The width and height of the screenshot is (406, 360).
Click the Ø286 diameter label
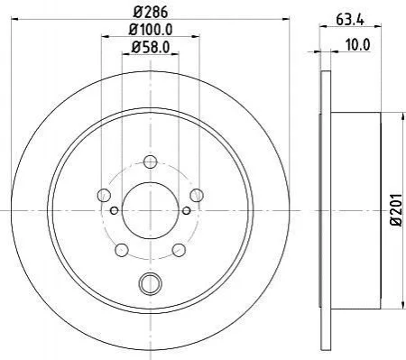[150, 12]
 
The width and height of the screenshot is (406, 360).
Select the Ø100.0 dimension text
[151, 30]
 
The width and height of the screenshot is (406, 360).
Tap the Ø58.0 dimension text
[151, 47]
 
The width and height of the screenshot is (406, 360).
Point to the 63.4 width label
[350, 20]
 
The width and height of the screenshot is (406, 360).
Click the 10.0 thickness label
[357, 45]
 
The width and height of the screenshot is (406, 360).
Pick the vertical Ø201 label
[396, 209]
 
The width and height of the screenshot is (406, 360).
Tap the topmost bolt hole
[151, 162]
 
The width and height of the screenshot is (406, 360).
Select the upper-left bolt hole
[104, 195]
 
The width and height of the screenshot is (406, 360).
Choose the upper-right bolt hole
[197, 195]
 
